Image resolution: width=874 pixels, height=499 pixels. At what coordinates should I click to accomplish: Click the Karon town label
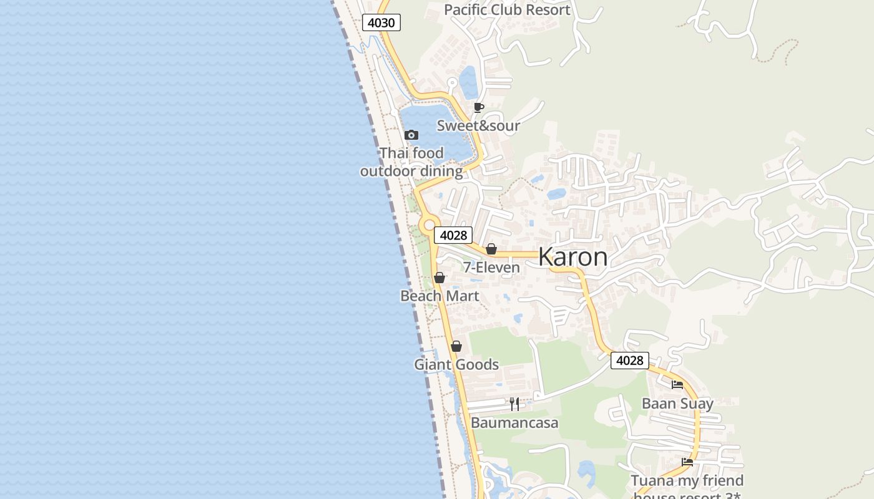pyautogui.click(x=572, y=257)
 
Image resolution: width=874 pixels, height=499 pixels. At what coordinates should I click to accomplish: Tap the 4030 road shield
pyautogui.click(x=381, y=23)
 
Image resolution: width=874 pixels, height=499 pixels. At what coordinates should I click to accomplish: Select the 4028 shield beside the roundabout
pyautogui.click(x=453, y=235)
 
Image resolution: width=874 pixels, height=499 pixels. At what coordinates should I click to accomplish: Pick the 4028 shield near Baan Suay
pyautogui.click(x=629, y=361)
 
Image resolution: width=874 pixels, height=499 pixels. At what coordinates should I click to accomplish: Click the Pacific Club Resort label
pyautogui.click(x=507, y=10)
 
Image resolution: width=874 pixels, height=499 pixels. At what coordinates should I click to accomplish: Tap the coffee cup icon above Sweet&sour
pyautogui.click(x=479, y=108)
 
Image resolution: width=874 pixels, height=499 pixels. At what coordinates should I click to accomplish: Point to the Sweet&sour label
pyautogui.click(x=478, y=126)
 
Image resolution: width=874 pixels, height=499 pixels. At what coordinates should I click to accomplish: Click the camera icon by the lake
pyautogui.click(x=411, y=135)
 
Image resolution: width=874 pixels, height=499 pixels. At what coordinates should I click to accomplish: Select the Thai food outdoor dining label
pyautogui.click(x=411, y=162)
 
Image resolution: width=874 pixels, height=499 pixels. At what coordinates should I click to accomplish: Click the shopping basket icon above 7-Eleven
pyautogui.click(x=491, y=249)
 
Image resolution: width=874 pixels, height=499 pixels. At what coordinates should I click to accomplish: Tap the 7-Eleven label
pyautogui.click(x=491, y=268)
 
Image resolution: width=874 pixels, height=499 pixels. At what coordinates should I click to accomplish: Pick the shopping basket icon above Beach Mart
pyautogui.click(x=439, y=278)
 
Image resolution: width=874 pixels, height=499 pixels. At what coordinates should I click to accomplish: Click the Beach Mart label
pyautogui.click(x=439, y=296)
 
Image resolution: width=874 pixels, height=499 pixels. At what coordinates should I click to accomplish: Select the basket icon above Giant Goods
pyautogui.click(x=456, y=346)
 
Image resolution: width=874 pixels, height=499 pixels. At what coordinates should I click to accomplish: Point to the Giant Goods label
pyautogui.click(x=456, y=364)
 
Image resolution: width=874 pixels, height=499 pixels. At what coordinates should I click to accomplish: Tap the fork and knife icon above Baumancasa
pyautogui.click(x=514, y=404)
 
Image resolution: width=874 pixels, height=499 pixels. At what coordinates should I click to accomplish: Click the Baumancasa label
pyautogui.click(x=514, y=423)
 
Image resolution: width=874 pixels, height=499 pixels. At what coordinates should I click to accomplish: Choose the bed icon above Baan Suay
pyautogui.click(x=677, y=385)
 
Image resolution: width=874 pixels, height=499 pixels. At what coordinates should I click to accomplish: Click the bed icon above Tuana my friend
pyautogui.click(x=687, y=462)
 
